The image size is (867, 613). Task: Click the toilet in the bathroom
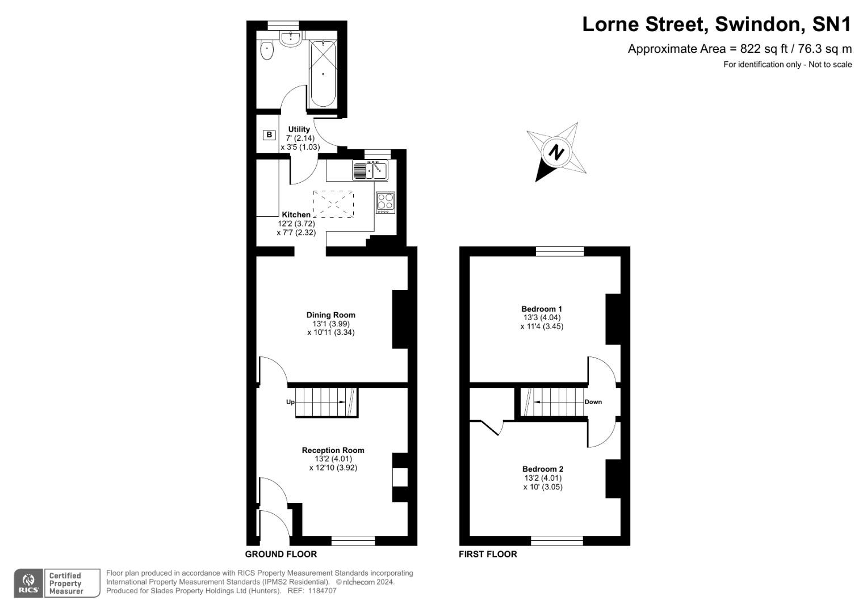click(267, 51)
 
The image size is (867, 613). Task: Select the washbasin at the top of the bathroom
click(291, 39)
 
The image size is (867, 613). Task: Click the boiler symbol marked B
click(269, 135)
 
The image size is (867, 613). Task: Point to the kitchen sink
click(370, 170)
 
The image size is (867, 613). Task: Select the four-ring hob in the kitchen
click(386, 203)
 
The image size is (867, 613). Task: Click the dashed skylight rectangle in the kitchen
click(333, 204)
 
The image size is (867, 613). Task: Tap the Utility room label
click(299, 129)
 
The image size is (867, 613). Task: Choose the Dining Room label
click(331, 315)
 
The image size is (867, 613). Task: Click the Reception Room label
click(333, 450)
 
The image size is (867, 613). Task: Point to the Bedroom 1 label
click(542, 309)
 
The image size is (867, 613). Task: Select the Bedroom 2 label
click(543, 469)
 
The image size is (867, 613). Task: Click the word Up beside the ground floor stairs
click(290, 402)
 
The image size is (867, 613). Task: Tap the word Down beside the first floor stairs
click(593, 402)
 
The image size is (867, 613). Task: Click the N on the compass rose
click(558, 152)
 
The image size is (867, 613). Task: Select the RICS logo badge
click(28, 583)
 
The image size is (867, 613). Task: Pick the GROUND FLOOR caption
click(281, 554)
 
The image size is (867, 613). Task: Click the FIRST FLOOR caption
click(488, 554)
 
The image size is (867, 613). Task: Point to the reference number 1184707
click(322, 591)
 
